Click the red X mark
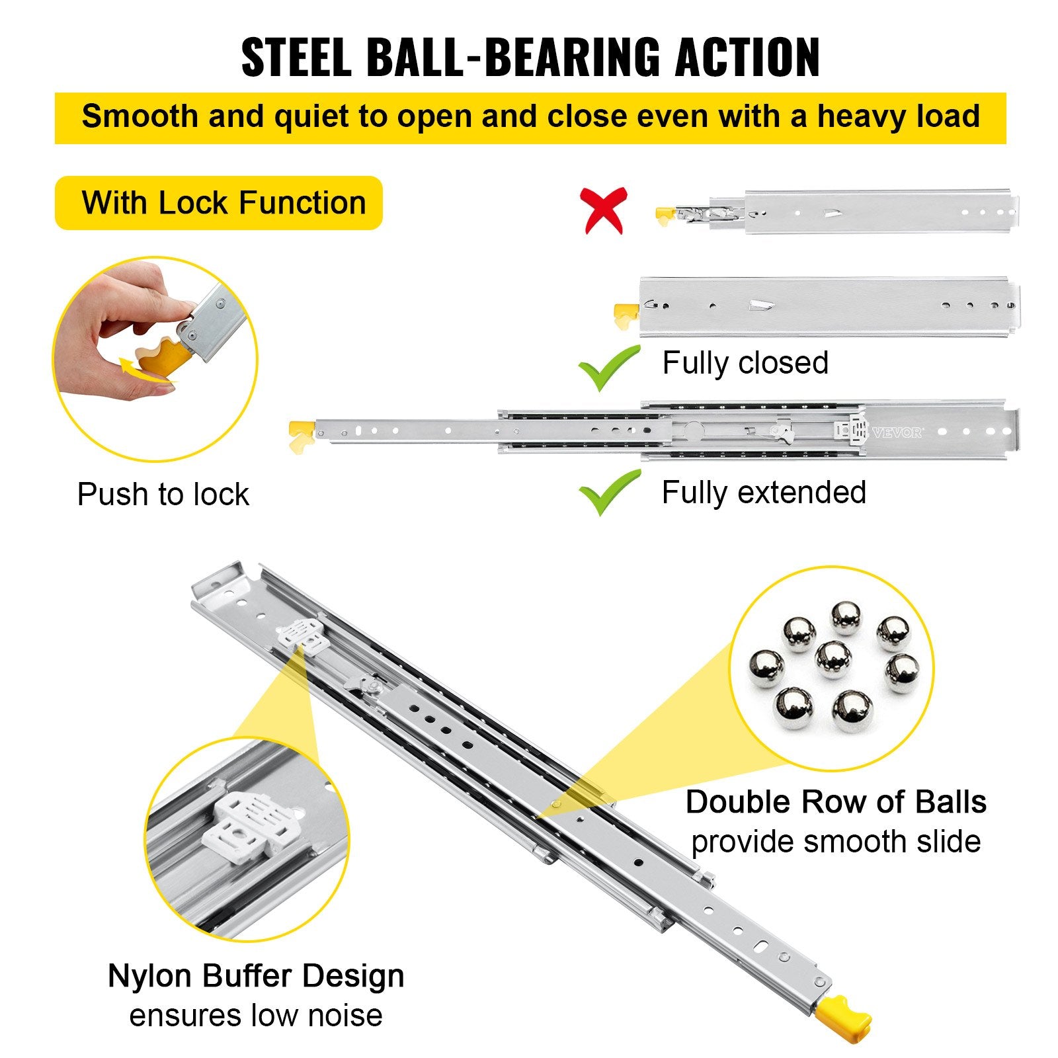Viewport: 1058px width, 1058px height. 603,210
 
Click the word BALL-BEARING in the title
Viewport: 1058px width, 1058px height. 513,58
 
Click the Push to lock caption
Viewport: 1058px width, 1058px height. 163,495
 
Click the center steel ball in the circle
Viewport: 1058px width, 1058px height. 833,659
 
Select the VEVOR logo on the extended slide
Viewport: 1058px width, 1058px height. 897,433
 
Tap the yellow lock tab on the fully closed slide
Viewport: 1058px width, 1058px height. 624,315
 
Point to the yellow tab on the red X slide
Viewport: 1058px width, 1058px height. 665,216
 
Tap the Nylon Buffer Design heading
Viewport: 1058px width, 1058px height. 256,976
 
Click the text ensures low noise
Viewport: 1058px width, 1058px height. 256,1015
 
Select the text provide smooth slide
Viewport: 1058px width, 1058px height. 835,842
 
